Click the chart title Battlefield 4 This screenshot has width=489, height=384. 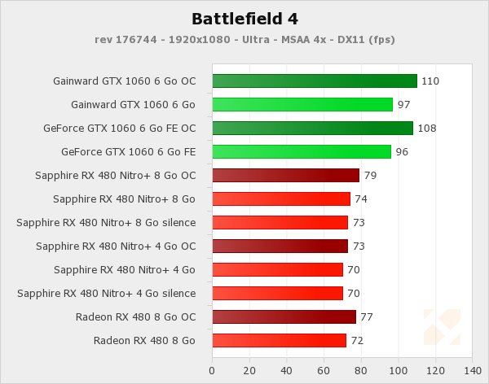tap(244, 19)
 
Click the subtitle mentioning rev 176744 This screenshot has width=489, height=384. tap(244, 39)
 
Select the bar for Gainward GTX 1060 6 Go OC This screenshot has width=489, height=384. tap(314, 81)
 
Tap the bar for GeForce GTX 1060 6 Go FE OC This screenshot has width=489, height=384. tap(312, 128)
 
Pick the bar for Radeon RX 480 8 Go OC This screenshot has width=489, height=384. tap(284, 316)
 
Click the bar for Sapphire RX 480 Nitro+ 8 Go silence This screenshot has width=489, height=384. tap(280, 222)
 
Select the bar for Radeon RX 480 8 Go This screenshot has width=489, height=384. tap(279, 340)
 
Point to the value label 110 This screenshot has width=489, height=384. tap(430, 81)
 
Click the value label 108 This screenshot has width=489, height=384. tap(426, 129)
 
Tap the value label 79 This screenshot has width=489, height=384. tap(370, 176)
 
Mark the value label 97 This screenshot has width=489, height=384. tap(403, 105)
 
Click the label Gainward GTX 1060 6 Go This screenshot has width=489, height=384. tap(133, 105)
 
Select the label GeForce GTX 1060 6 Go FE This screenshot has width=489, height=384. tap(128, 152)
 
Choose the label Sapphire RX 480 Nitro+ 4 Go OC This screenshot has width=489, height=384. tap(116, 247)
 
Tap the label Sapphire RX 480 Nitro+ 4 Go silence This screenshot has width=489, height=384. tap(106, 294)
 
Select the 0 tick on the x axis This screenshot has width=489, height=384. tap(212, 371)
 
